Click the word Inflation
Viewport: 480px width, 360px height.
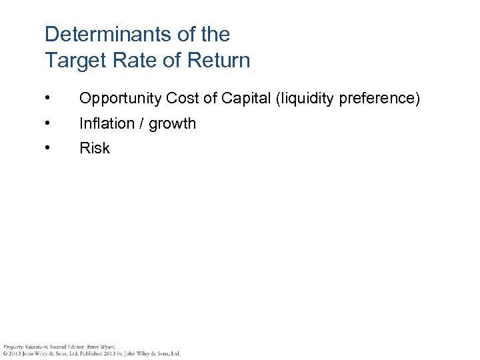105,123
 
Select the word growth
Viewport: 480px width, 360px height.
173,123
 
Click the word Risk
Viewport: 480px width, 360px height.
95,148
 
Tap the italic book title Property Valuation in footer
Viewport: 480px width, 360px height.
25,347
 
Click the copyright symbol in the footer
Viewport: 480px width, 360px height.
5,353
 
